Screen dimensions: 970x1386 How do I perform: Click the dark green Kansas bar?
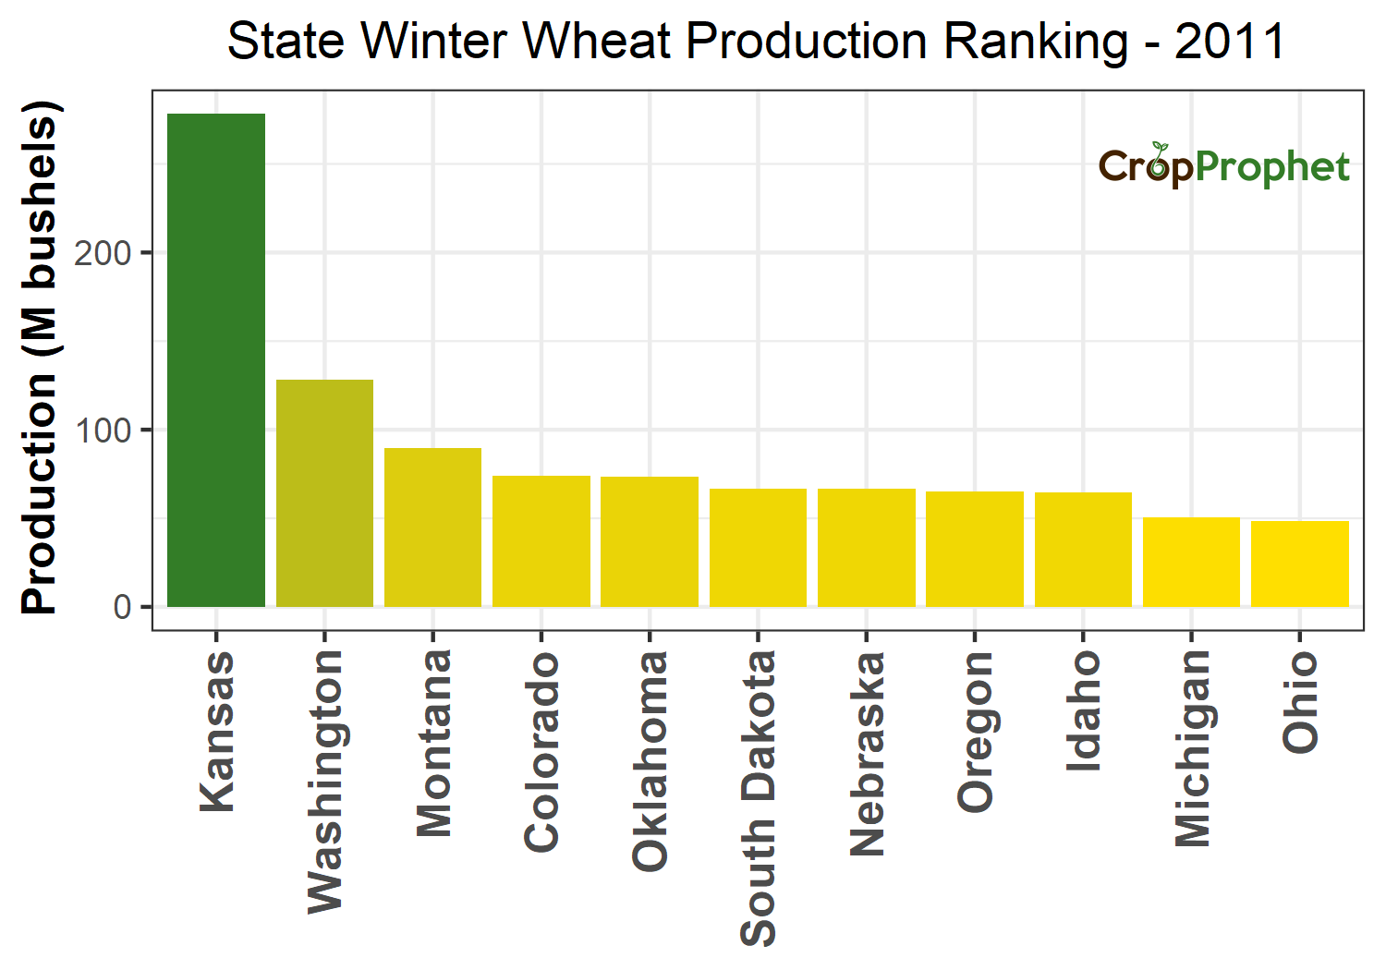[216, 360]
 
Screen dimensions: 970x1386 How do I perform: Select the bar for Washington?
[324, 493]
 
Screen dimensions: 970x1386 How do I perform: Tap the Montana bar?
[432, 527]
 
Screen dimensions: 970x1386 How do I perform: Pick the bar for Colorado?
[541, 541]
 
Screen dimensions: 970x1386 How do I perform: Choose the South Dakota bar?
[758, 548]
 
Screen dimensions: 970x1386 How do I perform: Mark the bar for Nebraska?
[867, 548]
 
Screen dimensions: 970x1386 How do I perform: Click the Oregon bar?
[975, 549]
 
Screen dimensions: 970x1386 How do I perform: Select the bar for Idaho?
[1083, 550]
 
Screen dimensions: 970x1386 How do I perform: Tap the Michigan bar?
[1191, 562]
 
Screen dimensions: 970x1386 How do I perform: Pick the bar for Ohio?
[1300, 564]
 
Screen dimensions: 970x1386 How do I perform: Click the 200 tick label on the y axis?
[103, 253]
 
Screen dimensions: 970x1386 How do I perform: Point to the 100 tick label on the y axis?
[103, 430]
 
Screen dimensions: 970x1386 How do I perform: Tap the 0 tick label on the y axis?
[123, 608]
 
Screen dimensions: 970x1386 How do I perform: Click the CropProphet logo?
[1223, 166]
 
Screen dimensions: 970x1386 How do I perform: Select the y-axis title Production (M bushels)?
[41, 358]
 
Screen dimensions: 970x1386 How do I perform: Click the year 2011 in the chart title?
[1230, 42]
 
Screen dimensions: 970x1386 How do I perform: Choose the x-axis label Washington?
[325, 781]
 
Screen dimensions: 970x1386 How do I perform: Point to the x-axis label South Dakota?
[759, 798]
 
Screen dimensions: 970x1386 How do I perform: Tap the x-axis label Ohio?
[1300, 700]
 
